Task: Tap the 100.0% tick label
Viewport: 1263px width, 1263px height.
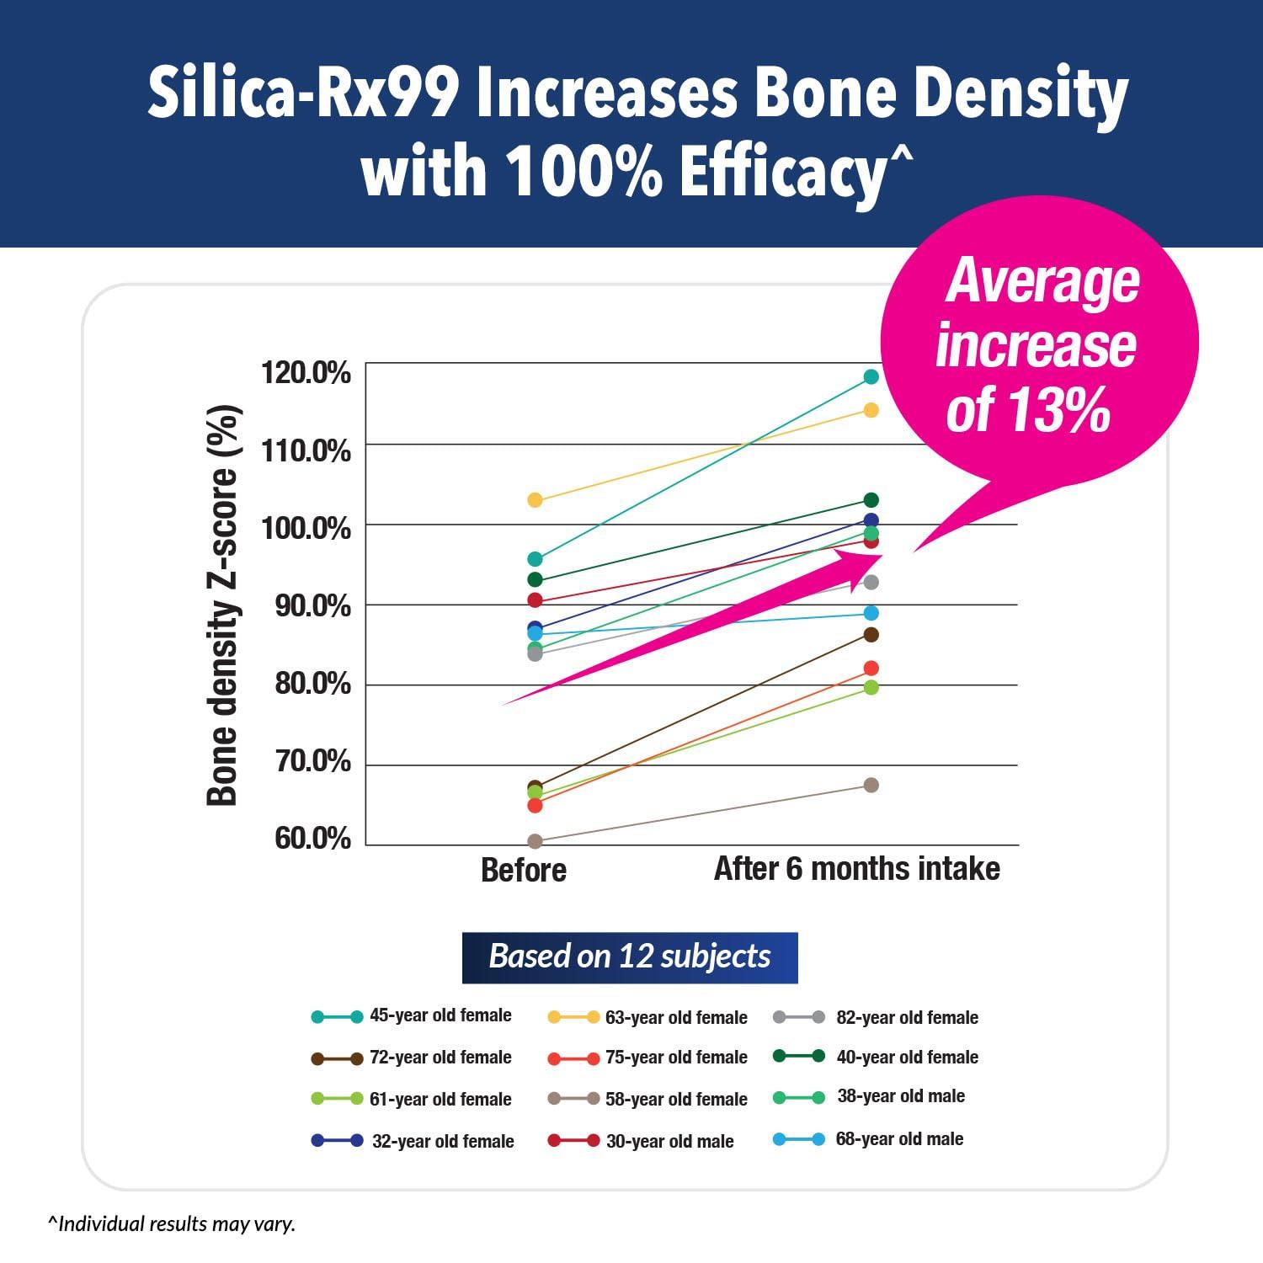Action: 306,528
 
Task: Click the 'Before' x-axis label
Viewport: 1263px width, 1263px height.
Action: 523,870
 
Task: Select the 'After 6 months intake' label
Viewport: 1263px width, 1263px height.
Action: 856,868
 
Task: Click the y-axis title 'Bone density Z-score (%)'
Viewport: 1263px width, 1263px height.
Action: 223,605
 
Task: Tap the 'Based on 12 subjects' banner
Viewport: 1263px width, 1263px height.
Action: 630,957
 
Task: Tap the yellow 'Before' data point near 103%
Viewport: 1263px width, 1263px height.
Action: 535,500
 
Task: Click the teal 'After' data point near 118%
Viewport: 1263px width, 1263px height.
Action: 871,376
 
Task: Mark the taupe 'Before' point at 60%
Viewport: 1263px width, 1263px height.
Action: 535,841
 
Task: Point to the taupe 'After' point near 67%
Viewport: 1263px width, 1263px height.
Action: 871,785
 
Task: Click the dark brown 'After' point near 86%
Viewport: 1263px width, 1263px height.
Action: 871,634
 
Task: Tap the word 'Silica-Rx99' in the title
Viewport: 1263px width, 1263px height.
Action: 303,94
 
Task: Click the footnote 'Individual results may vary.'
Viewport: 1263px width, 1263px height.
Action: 173,1223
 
